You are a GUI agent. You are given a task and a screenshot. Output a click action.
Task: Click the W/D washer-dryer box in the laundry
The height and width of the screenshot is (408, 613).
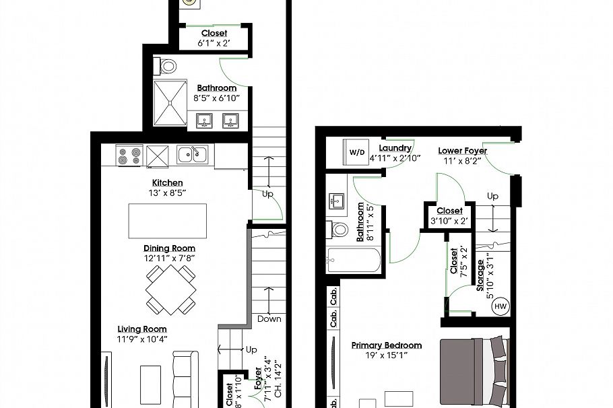click(355, 152)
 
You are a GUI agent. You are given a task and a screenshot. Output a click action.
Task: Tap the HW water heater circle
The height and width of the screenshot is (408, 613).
click(501, 306)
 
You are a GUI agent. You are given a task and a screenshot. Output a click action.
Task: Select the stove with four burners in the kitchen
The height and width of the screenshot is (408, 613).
click(129, 156)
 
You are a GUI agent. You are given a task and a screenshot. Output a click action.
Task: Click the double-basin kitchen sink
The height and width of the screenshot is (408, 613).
click(193, 154)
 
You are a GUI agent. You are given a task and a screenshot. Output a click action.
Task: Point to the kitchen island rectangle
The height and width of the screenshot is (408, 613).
click(168, 220)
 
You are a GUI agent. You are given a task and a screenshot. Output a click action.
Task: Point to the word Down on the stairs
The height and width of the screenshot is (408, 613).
click(269, 318)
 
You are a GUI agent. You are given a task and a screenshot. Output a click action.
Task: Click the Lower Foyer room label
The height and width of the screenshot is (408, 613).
click(462, 150)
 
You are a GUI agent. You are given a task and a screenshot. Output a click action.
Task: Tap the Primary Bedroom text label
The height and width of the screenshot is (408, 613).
click(387, 345)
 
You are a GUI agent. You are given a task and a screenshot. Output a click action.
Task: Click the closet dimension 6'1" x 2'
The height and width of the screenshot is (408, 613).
click(214, 42)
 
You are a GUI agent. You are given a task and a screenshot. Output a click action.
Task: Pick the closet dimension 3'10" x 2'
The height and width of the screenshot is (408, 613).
click(449, 221)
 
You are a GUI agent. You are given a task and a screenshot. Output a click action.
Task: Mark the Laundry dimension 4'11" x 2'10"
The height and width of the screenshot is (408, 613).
click(395, 158)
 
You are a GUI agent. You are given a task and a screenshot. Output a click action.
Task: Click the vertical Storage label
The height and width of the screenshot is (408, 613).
click(480, 275)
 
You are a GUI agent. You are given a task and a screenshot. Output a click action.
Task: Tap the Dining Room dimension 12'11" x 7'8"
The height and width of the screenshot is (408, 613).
click(169, 258)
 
